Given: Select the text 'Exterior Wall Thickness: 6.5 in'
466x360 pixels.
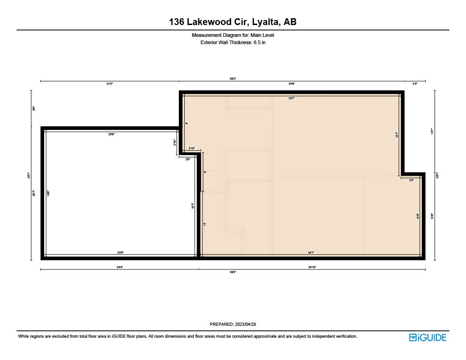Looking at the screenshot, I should (x=233, y=42).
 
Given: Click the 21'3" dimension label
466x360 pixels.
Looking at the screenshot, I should (x=110, y=84).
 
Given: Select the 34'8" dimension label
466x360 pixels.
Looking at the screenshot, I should (x=292, y=84).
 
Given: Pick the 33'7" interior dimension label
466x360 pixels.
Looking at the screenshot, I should (x=292, y=98).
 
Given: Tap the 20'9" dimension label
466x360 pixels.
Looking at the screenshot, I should (x=111, y=134).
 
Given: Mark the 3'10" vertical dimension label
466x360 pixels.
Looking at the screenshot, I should (x=175, y=142).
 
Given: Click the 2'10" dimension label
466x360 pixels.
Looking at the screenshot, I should (x=192, y=148).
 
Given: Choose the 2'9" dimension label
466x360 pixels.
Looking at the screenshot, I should (x=188, y=159).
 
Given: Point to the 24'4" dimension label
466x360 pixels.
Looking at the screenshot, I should (x=120, y=267).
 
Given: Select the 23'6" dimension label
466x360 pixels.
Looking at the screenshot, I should (x=120, y=253).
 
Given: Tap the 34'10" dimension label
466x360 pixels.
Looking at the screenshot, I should (x=312, y=267).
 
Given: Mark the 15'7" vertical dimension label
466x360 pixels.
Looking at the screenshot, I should (x=193, y=206).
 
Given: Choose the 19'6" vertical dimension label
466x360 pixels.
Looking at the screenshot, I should (x=48, y=193).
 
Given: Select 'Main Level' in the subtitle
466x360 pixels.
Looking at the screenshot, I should (x=262, y=35).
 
